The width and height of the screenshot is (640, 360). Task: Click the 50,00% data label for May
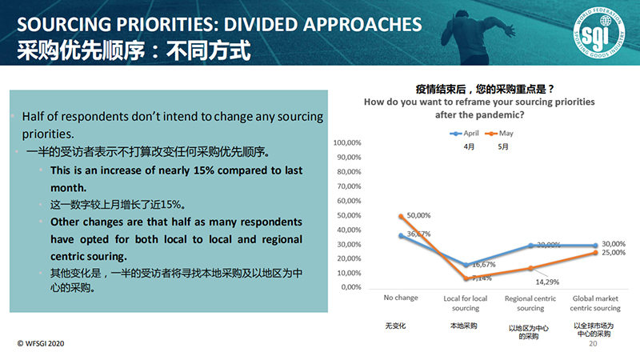tap(419, 215)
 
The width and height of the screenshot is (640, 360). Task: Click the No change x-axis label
tap(401, 298)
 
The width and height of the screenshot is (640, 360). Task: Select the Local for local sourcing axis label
tap(466, 302)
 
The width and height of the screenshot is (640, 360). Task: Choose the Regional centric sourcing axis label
tap(530, 302)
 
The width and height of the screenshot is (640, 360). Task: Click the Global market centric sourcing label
tap(595, 302)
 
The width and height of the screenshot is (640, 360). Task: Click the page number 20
tap(593, 343)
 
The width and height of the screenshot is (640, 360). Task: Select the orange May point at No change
tap(401, 216)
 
